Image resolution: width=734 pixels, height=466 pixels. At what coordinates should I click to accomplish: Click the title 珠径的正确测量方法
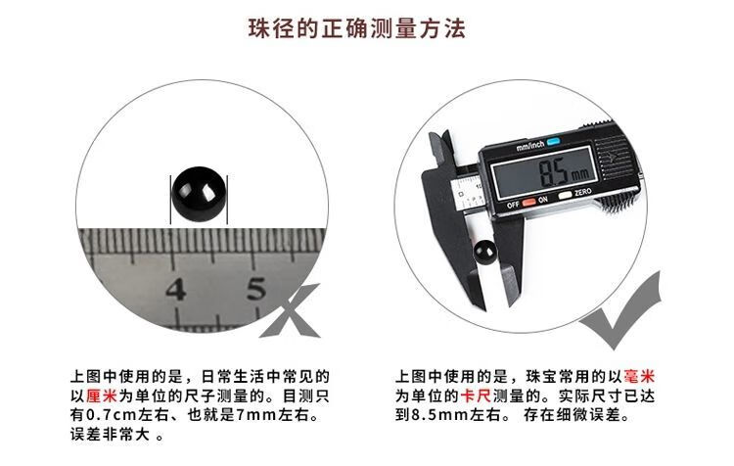click(356, 28)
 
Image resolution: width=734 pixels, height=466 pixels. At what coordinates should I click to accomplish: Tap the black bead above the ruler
click(199, 196)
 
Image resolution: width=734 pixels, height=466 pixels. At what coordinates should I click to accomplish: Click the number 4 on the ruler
click(176, 289)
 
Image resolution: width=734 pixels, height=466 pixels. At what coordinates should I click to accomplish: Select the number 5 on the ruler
click(255, 288)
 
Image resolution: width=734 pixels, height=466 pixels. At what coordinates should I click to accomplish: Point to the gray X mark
click(291, 311)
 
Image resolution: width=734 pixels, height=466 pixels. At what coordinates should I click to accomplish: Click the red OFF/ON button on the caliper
click(528, 203)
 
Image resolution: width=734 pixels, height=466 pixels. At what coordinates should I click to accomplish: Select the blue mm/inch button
click(553, 141)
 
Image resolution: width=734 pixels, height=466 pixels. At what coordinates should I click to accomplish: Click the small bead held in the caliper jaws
click(484, 253)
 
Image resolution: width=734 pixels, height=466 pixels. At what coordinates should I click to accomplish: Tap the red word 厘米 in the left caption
click(102, 396)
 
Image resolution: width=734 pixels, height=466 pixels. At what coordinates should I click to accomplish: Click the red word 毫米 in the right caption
click(639, 376)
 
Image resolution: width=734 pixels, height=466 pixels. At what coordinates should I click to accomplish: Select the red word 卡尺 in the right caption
click(476, 396)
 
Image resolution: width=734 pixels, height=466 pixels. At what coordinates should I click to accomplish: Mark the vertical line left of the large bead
click(170, 200)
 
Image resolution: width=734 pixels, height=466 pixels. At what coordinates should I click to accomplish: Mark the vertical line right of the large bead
click(227, 200)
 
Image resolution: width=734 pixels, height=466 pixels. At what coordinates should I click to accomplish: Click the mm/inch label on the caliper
click(529, 146)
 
